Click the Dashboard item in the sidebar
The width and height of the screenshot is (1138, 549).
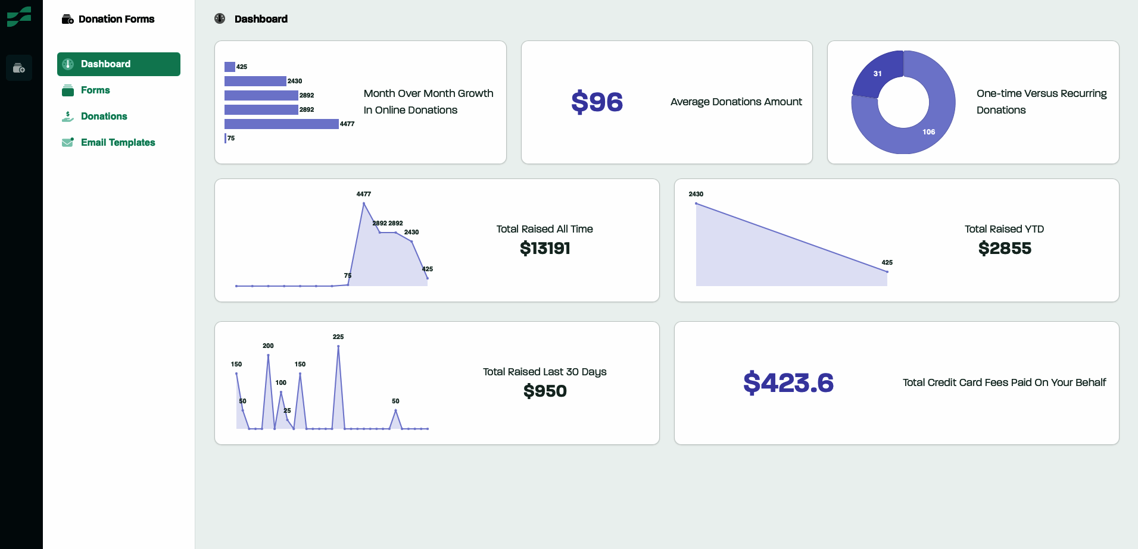(x=118, y=64)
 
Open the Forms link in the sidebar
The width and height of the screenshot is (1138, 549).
(x=95, y=90)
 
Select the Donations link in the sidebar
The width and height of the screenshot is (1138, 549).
(x=104, y=117)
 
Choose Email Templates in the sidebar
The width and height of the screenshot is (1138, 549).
(x=117, y=143)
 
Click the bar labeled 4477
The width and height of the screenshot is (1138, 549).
(x=281, y=124)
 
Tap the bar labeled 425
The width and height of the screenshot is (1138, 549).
(x=230, y=67)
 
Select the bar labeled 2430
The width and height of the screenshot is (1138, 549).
(x=255, y=81)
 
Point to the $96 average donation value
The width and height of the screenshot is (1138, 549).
(x=597, y=102)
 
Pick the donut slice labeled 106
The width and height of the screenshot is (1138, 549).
(x=929, y=128)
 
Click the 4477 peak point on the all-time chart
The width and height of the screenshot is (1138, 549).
(x=364, y=203)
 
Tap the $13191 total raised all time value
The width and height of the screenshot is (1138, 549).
(x=545, y=249)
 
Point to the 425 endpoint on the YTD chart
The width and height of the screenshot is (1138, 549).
(x=887, y=272)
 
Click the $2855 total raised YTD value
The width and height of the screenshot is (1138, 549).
(x=1005, y=249)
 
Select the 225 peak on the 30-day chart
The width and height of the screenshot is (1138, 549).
(x=338, y=346)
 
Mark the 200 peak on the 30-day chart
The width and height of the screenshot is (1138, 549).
(x=268, y=355)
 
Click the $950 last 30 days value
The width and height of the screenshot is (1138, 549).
(x=545, y=391)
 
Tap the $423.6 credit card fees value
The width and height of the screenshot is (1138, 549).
(x=788, y=383)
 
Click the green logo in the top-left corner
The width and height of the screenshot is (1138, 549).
(x=19, y=17)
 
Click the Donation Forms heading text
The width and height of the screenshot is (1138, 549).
(x=116, y=19)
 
